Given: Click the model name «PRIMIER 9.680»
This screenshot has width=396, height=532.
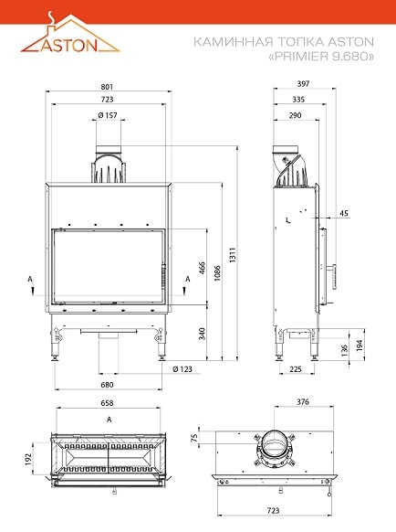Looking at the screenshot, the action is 321,56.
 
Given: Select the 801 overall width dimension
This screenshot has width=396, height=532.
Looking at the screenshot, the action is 107,87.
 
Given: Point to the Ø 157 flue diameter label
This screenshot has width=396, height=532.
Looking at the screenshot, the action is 108,115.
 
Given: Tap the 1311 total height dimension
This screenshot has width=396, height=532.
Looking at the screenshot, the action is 232,254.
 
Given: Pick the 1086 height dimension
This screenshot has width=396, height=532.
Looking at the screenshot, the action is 217,272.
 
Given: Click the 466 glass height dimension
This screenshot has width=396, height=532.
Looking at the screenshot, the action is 202,268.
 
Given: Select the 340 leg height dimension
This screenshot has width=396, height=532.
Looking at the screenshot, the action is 202,334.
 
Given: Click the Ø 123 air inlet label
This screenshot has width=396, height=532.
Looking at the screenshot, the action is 182,368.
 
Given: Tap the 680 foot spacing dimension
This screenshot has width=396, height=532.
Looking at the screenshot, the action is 107,385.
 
